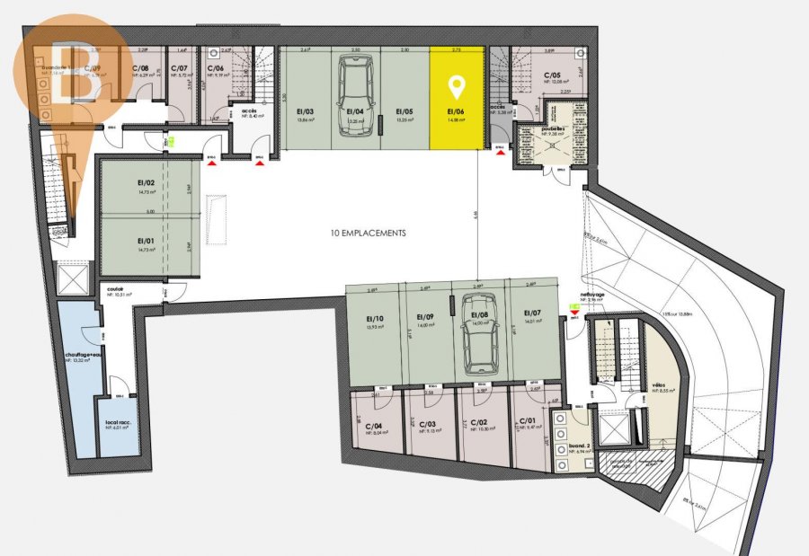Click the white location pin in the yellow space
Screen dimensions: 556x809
click(457, 88)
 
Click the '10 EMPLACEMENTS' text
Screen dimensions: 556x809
click(369, 233)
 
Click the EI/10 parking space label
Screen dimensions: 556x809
click(374, 319)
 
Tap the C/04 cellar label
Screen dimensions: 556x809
click(373, 425)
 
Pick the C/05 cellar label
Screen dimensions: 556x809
click(552, 75)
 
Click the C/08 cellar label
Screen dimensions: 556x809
click(142, 68)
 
